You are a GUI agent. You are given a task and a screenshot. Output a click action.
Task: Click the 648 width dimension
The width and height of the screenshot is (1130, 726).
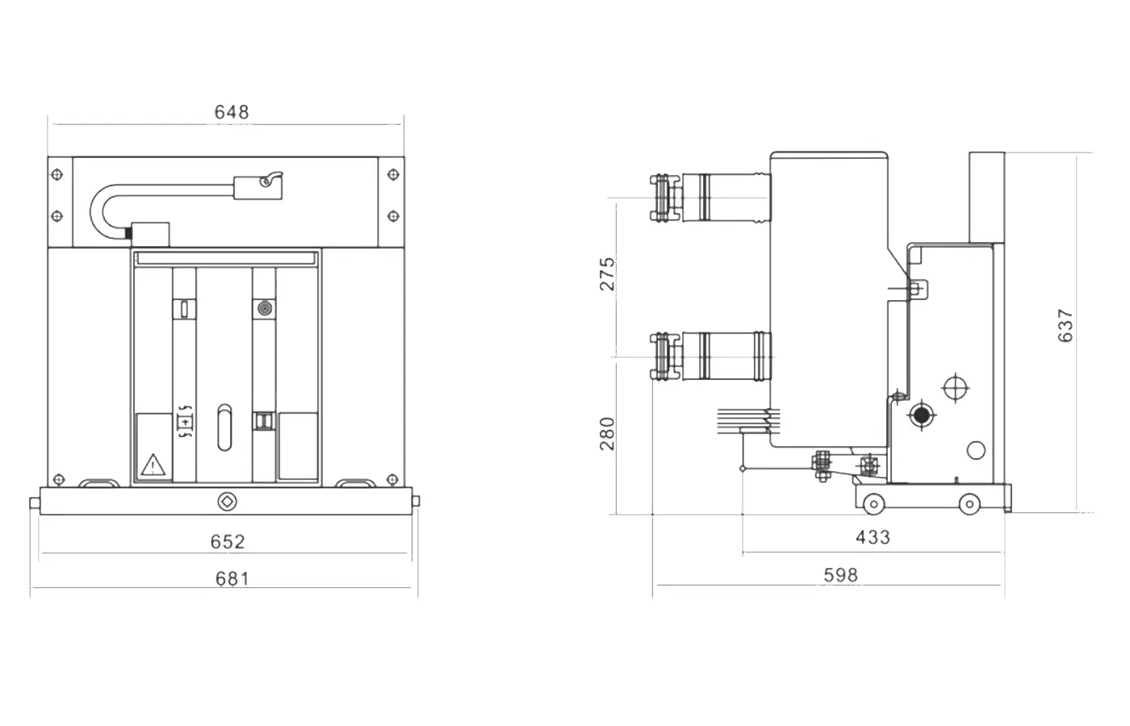(232, 112)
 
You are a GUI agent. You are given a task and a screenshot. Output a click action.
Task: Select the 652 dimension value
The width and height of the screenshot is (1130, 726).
(228, 541)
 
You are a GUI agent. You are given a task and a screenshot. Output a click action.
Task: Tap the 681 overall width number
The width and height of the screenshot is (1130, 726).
(232, 578)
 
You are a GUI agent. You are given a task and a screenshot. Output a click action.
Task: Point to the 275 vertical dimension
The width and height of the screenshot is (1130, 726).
(608, 273)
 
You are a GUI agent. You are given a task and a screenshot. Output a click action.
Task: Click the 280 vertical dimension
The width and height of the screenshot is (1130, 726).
(608, 433)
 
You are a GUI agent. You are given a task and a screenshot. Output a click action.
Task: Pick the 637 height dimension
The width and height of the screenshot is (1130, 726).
(1065, 325)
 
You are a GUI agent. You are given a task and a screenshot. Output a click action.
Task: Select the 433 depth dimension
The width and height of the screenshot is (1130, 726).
(873, 537)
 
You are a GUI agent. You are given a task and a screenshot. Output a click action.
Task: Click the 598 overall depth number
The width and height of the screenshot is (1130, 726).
(840, 575)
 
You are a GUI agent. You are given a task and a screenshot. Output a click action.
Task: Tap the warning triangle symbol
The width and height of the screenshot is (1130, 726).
(153, 465)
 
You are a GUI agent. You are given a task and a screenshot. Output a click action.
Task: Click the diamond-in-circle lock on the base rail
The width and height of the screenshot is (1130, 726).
(226, 502)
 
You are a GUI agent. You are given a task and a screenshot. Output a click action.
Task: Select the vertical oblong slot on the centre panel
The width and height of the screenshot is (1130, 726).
(224, 427)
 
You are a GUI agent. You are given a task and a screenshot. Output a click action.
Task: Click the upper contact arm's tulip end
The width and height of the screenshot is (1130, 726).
(661, 198)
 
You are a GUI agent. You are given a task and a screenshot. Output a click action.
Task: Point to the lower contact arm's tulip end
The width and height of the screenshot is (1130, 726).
(661, 356)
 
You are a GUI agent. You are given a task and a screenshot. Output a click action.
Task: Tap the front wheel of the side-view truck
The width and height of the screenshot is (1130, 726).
(873, 504)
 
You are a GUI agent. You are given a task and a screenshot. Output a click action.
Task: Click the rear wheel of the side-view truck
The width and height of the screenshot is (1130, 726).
(969, 504)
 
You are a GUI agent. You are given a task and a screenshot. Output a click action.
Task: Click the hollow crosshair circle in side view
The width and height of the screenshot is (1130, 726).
(956, 388)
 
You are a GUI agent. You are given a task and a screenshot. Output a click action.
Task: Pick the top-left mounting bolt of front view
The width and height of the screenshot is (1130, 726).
(56, 174)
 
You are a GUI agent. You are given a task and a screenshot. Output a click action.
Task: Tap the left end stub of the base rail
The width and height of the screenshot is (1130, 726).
(35, 503)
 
